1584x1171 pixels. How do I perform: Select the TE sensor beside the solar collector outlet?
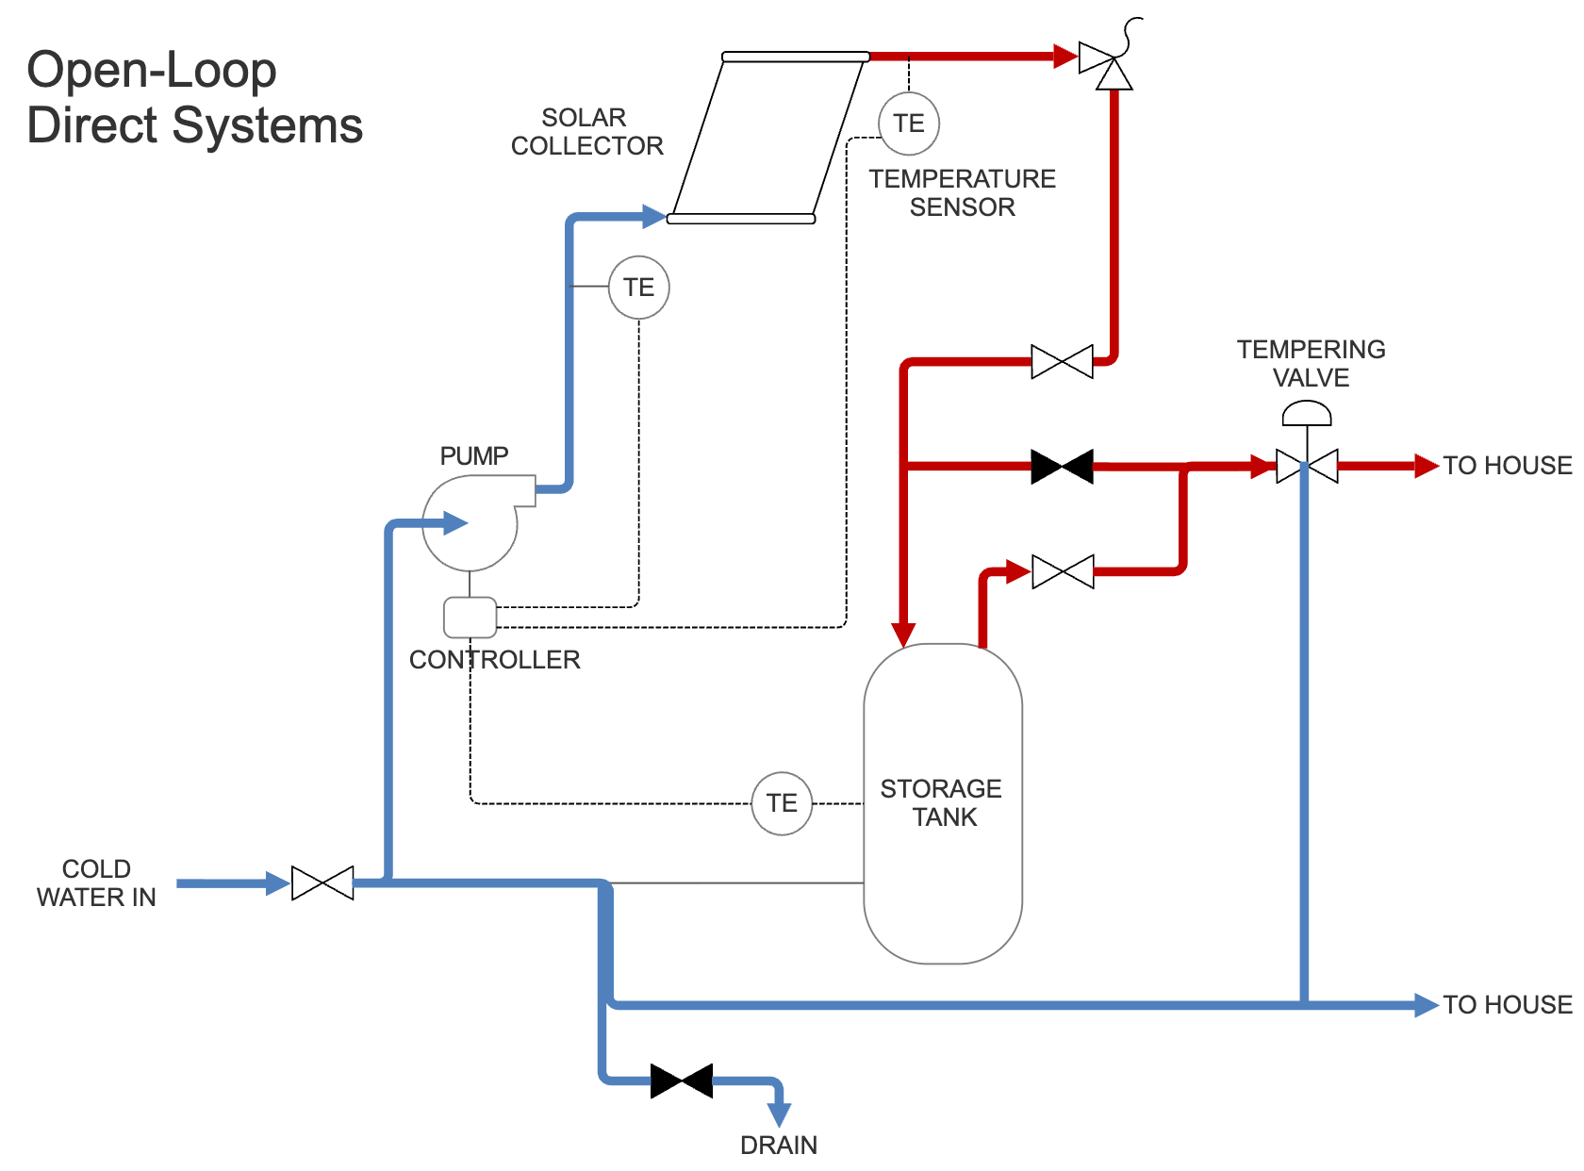coord(909,124)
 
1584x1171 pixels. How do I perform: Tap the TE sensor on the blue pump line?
coord(638,288)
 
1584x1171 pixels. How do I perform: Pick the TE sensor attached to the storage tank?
coord(782,803)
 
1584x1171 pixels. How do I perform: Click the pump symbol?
coord(470,523)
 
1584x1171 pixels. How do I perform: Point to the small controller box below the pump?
coord(470,618)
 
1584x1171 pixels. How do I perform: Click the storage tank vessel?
coord(943,803)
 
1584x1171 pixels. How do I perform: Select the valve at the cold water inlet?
coord(322,883)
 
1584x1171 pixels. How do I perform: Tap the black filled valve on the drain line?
coord(682,1080)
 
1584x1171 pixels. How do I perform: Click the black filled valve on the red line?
coord(1062,467)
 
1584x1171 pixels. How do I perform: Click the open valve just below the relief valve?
coord(1062,361)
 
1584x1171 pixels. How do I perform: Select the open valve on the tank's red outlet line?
coord(1063,571)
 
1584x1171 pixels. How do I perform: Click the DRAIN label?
coord(779,1146)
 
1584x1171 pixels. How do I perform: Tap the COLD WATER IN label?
coord(96,883)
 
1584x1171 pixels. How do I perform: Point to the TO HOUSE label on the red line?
coord(1507,466)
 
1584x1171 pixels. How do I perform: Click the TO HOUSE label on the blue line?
coord(1507,1005)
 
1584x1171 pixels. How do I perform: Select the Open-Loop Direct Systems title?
coord(194,98)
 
